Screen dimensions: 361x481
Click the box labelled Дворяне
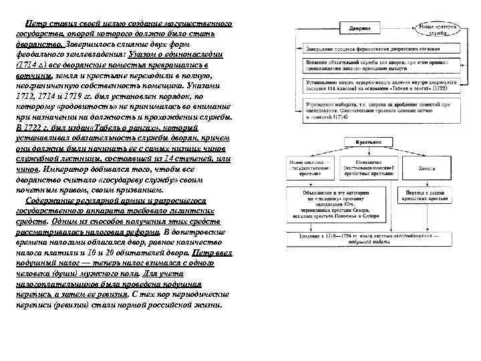pos(362,29)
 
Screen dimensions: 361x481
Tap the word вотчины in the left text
pos(29,78)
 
